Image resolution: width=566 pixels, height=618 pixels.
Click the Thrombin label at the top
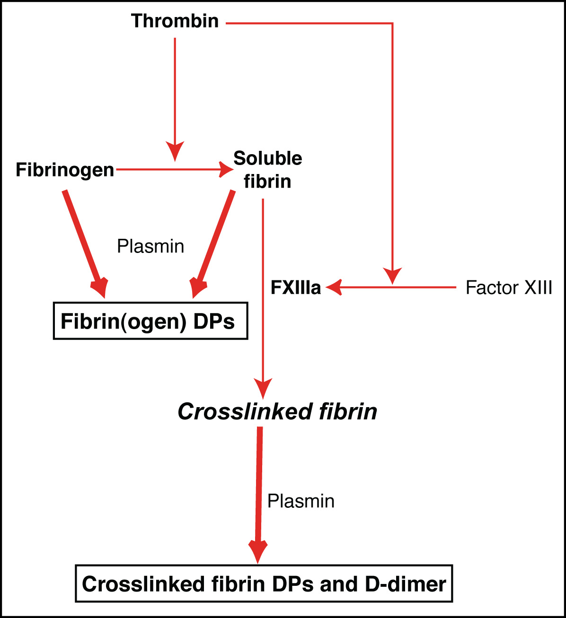click(175, 21)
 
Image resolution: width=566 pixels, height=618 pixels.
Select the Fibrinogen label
click(65, 170)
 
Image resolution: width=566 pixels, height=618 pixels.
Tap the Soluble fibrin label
click(267, 170)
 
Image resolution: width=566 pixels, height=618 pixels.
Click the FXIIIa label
click(296, 287)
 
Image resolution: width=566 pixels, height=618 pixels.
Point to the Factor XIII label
click(509, 287)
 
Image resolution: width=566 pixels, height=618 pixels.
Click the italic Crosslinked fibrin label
click(277, 411)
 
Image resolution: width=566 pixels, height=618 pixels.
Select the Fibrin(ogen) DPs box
click(150, 321)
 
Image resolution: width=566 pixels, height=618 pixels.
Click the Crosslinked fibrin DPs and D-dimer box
click(264, 583)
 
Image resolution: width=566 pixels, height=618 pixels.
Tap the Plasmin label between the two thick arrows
click(150, 246)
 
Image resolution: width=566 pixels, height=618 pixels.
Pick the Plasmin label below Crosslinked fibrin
click(301, 501)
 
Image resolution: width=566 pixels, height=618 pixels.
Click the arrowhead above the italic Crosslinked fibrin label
click(263, 388)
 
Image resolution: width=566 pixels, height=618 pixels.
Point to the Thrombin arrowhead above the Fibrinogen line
click(175, 151)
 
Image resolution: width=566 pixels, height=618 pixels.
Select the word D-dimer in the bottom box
click(406, 584)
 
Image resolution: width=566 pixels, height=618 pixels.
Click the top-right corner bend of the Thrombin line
click(392, 23)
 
